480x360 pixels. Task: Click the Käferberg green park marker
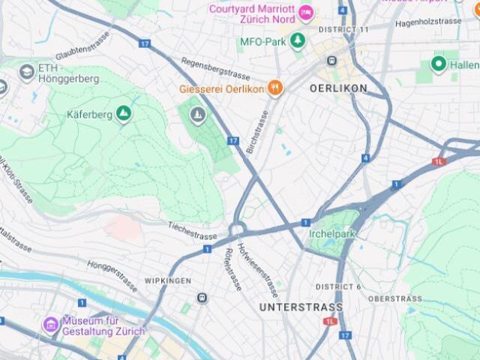coord(124,114)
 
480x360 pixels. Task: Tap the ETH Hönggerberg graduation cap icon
coord(27,72)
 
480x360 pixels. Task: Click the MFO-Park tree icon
coord(298,41)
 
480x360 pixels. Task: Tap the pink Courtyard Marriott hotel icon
coord(305,13)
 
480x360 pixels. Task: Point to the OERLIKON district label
coord(338,88)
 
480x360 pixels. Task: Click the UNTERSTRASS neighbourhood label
coord(301,307)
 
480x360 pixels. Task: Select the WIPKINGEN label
coord(167,281)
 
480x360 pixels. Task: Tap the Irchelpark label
coord(331,233)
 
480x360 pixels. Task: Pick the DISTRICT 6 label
coord(338,287)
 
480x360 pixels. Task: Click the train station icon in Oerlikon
coord(331,61)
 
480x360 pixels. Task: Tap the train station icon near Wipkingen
coord(202,298)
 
